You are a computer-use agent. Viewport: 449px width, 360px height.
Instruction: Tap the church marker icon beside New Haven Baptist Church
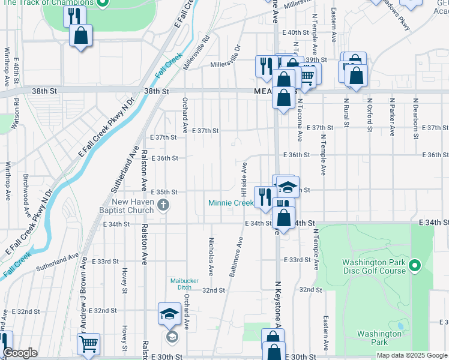(x=163, y=206)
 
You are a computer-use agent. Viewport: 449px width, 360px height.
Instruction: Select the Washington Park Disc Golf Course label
(x=374, y=266)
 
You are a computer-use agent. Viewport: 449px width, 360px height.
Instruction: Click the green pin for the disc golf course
(x=414, y=265)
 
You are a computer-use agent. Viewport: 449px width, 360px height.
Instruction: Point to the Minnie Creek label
(x=231, y=203)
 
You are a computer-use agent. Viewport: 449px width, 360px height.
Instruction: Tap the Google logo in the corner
(x=20, y=353)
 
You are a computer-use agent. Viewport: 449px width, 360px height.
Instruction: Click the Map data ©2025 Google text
(x=411, y=355)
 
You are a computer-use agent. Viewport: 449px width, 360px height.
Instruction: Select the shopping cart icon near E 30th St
(x=88, y=344)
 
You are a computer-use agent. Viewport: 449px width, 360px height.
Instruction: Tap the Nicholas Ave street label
(x=211, y=255)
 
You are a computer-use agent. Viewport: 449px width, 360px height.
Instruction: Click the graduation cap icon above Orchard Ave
(x=170, y=313)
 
